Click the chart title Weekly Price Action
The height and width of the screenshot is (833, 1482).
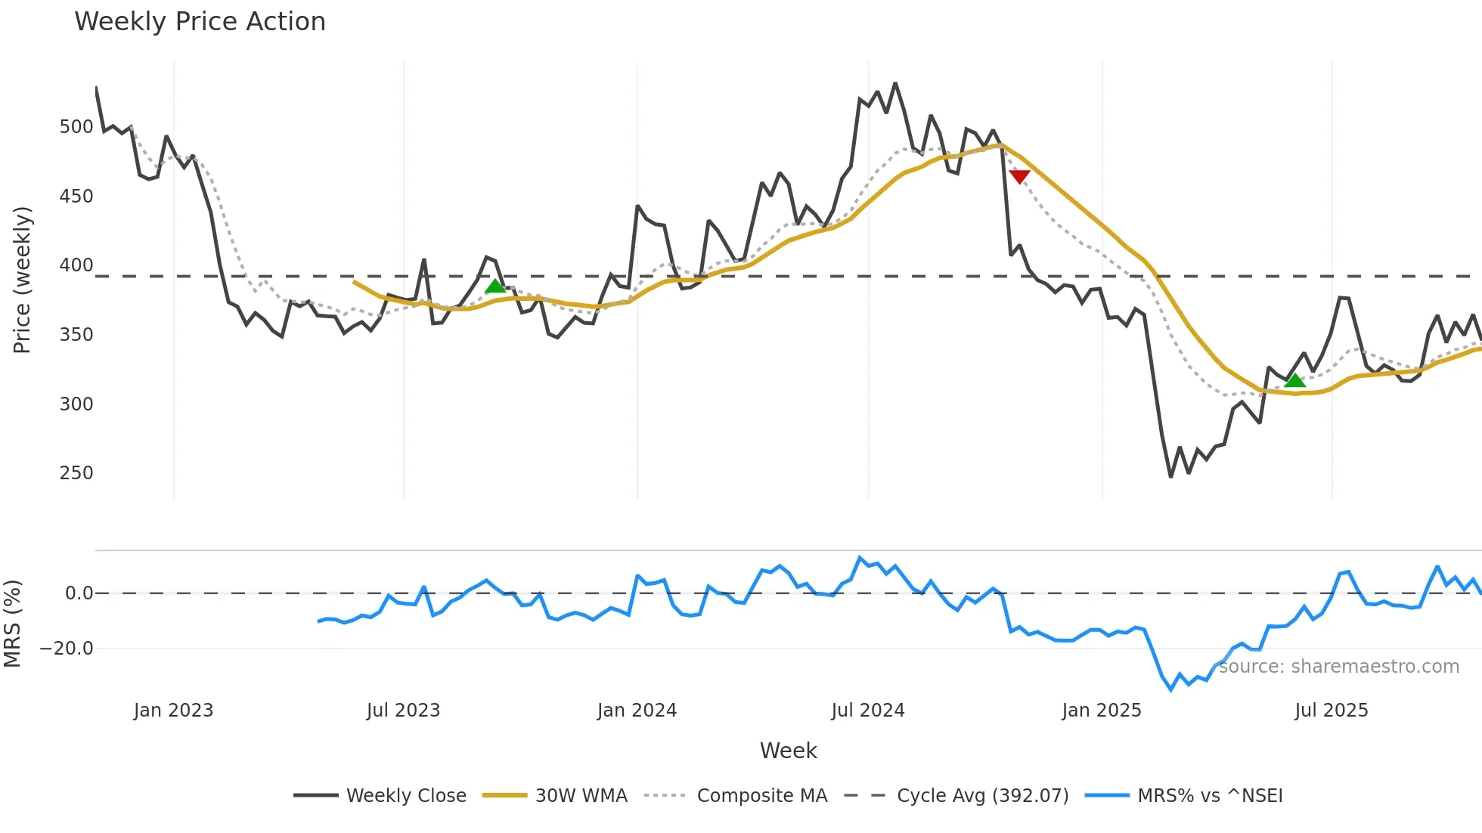tap(200, 22)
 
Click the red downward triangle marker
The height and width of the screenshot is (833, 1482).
tap(1019, 176)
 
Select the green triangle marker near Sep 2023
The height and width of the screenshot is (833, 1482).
tap(495, 286)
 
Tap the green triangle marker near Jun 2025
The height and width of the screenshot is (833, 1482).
tap(1294, 380)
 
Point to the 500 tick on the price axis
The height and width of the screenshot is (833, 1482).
tap(76, 127)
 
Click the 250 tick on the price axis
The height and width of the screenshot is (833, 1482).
tap(76, 473)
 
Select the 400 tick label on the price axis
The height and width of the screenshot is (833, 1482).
tap(76, 265)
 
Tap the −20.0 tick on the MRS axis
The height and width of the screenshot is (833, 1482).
tap(67, 649)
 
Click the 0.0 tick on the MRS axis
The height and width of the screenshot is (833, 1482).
tap(79, 593)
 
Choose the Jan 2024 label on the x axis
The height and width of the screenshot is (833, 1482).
tap(637, 711)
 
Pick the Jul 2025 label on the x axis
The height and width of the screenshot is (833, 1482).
tap(1331, 711)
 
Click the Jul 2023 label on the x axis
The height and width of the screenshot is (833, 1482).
tap(403, 711)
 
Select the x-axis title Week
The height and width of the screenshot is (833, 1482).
tap(788, 751)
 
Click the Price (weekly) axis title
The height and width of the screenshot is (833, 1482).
tap(22, 280)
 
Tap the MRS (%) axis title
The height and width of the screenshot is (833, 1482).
tap(12, 624)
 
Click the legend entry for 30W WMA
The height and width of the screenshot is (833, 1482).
tap(581, 796)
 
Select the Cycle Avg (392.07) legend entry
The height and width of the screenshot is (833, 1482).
tap(982, 796)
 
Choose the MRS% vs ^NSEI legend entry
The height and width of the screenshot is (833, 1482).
tap(1210, 796)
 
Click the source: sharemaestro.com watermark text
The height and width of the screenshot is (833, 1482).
tap(1338, 667)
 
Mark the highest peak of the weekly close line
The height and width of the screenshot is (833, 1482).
tap(895, 84)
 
